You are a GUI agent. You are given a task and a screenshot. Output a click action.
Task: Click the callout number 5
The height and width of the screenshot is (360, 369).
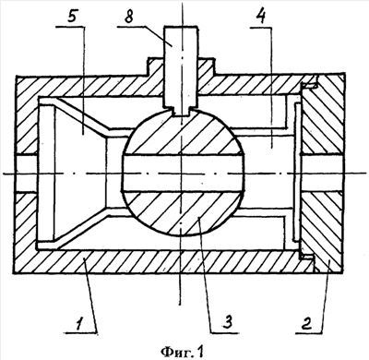point(71,17)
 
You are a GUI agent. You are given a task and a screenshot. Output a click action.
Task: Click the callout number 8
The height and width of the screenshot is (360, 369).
point(129,17)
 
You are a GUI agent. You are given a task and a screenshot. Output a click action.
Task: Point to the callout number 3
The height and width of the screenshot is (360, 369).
point(228,322)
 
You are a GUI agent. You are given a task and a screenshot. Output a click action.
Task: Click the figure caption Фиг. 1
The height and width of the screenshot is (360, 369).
point(183,350)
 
